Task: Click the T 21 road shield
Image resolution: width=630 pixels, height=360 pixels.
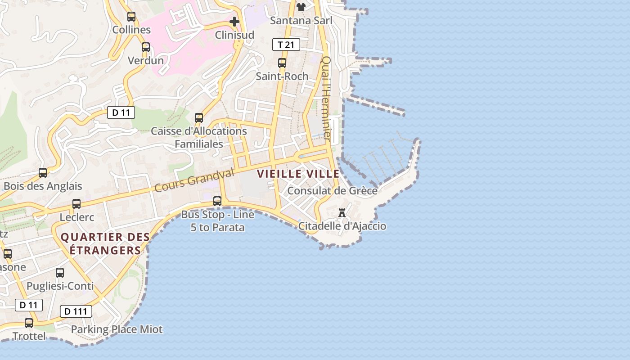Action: point(286,45)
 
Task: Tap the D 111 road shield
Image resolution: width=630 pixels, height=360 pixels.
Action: point(76,311)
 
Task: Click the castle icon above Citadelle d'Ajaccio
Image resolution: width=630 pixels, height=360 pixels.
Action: point(342,212)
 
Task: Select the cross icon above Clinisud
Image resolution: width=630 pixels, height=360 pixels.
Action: point(234,21)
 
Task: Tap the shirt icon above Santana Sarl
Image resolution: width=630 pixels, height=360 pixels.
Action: point(301,7)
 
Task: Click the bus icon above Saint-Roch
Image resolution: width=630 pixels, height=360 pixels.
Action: point(282,63)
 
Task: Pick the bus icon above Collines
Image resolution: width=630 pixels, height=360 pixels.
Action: point(131,17)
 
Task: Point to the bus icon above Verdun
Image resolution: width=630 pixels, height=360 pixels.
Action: point(146,47)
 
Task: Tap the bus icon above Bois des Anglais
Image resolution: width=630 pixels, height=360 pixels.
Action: point(43,172)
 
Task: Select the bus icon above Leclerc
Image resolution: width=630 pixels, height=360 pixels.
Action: point(76,203)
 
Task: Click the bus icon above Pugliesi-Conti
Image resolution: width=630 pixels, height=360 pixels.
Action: point(60,272)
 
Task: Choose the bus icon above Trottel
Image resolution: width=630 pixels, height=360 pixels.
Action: point(29,323)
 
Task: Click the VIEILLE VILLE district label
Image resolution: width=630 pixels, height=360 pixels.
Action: point(298,174)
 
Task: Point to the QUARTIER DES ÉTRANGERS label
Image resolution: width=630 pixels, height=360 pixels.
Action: point(105,243)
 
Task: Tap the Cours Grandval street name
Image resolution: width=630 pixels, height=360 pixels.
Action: point(194,180)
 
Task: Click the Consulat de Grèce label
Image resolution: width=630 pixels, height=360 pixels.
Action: point(332,191)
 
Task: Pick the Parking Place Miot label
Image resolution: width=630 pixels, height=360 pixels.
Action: point(117,329)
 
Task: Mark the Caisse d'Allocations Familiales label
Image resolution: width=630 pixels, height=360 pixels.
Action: point(198,137)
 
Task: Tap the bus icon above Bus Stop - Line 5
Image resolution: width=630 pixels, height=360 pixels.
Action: point(217,201)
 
